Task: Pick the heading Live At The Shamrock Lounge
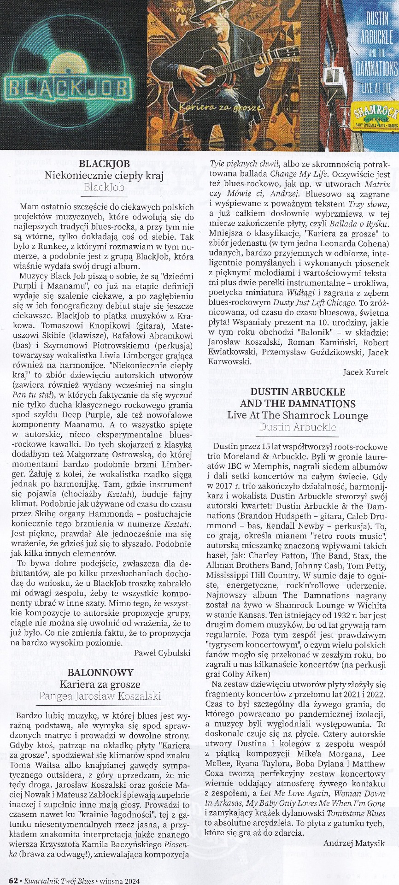pos(297,415)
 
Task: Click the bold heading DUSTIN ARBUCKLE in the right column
pos(297,392)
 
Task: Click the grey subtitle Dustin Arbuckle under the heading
pos(297,427)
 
